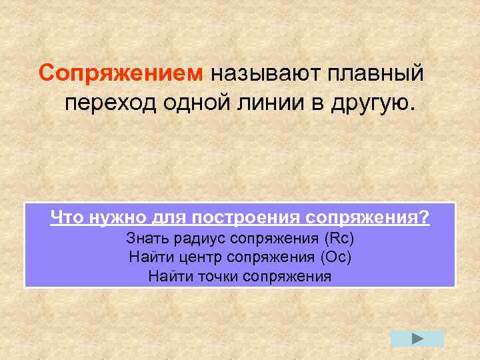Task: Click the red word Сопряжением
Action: coord(121,72)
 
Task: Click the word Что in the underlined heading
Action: coord(66,217)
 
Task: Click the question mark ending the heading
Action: coord(425,217)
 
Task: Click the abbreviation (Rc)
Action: coord(339,238)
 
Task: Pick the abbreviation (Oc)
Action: coord(336,257)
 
